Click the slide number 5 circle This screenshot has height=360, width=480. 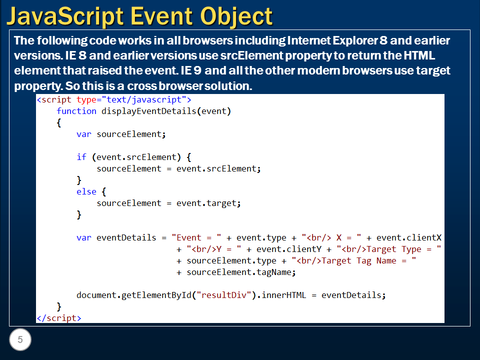(20, 340)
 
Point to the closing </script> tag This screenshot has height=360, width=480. (58, 318)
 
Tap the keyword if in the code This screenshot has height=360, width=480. (81, 157)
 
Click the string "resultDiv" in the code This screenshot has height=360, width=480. (224, 295)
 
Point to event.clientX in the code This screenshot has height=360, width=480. (408, 237)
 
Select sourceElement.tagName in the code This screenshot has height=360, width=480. (241, 272)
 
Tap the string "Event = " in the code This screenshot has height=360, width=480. (196, 237)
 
